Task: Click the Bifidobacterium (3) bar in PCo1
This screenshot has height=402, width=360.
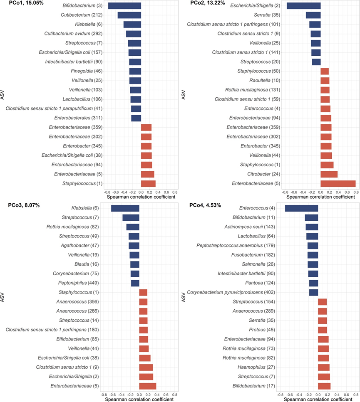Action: point(124,6)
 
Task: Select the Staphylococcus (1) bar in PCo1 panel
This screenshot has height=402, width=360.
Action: point(148,183)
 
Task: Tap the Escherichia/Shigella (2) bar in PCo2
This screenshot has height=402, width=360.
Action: point(303,6)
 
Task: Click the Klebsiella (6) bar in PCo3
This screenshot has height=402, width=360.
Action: point(125,208)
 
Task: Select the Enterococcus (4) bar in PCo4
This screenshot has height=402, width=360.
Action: point(301,208)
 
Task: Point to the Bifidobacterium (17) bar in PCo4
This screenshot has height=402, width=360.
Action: point(324,385)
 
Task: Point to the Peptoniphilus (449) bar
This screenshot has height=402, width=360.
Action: point(135,283)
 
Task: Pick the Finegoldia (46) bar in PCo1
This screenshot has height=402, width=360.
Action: point(135,71)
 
